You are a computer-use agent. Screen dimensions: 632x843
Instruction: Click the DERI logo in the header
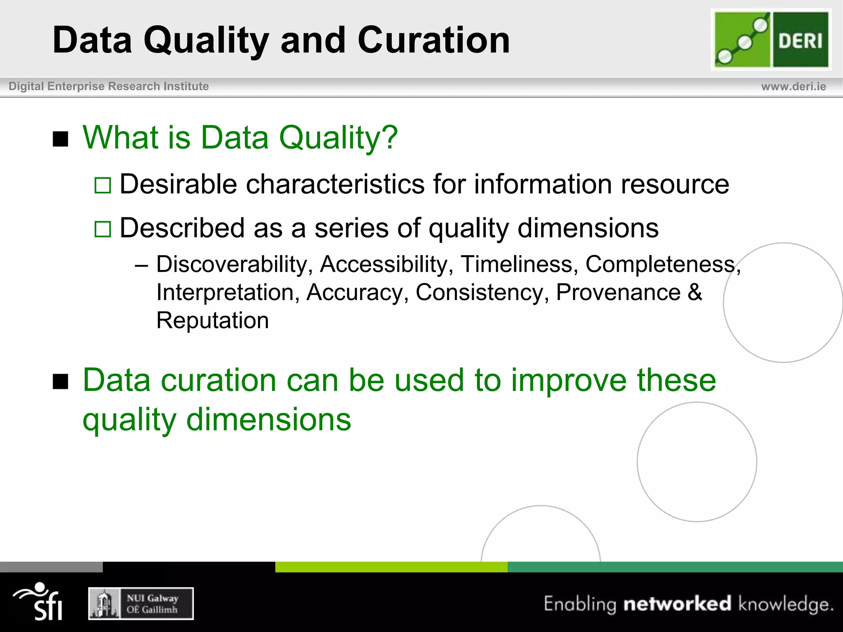point(771,39)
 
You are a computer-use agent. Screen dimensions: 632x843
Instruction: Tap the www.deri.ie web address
point(793,86)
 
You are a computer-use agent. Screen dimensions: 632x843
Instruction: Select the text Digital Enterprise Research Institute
point(109,86)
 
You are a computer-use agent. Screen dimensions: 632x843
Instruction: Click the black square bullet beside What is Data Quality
point(61,139)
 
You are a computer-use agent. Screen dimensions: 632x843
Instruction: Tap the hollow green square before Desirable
point(102,185)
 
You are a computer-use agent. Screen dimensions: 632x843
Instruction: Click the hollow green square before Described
point(102,229)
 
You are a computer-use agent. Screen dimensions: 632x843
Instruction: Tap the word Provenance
point(618,293)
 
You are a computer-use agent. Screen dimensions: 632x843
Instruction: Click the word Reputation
point(212,321)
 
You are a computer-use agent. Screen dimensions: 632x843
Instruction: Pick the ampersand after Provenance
point(695,293)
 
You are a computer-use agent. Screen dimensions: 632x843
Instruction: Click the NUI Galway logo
point(141,604)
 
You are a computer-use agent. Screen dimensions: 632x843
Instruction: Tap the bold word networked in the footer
point(677,604)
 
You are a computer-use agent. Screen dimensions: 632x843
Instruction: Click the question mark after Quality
point(389,137)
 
